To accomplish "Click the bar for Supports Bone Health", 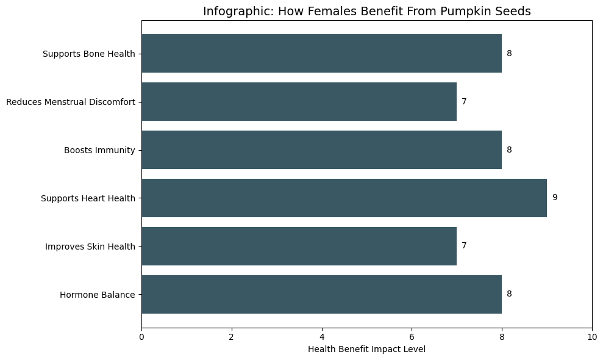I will tap(321, 54).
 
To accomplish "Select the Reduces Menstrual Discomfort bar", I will tap(299, 102).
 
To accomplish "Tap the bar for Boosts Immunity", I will tap(321, 150).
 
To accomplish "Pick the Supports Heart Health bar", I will tap(344, 198).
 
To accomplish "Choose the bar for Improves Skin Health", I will tap(299, 246).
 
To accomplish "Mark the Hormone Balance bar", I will tap(321, 294).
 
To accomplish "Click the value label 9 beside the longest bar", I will tap(555, 198).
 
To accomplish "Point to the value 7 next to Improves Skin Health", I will tap(464, 246).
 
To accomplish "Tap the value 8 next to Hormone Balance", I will tap(509, 294).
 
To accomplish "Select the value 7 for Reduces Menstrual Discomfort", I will tap(464, 102).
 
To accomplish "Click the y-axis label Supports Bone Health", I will tap(88, 54).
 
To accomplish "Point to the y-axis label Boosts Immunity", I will tap(99, 150).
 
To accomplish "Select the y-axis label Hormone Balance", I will tap(97, 295).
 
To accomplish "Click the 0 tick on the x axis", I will tap(141, 336).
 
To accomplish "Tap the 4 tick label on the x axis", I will tap(322, 336).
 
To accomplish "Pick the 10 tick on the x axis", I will tap(591, 336).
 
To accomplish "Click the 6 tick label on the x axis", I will tap(412, 336).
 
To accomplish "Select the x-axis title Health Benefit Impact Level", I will tap(366, 349).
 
